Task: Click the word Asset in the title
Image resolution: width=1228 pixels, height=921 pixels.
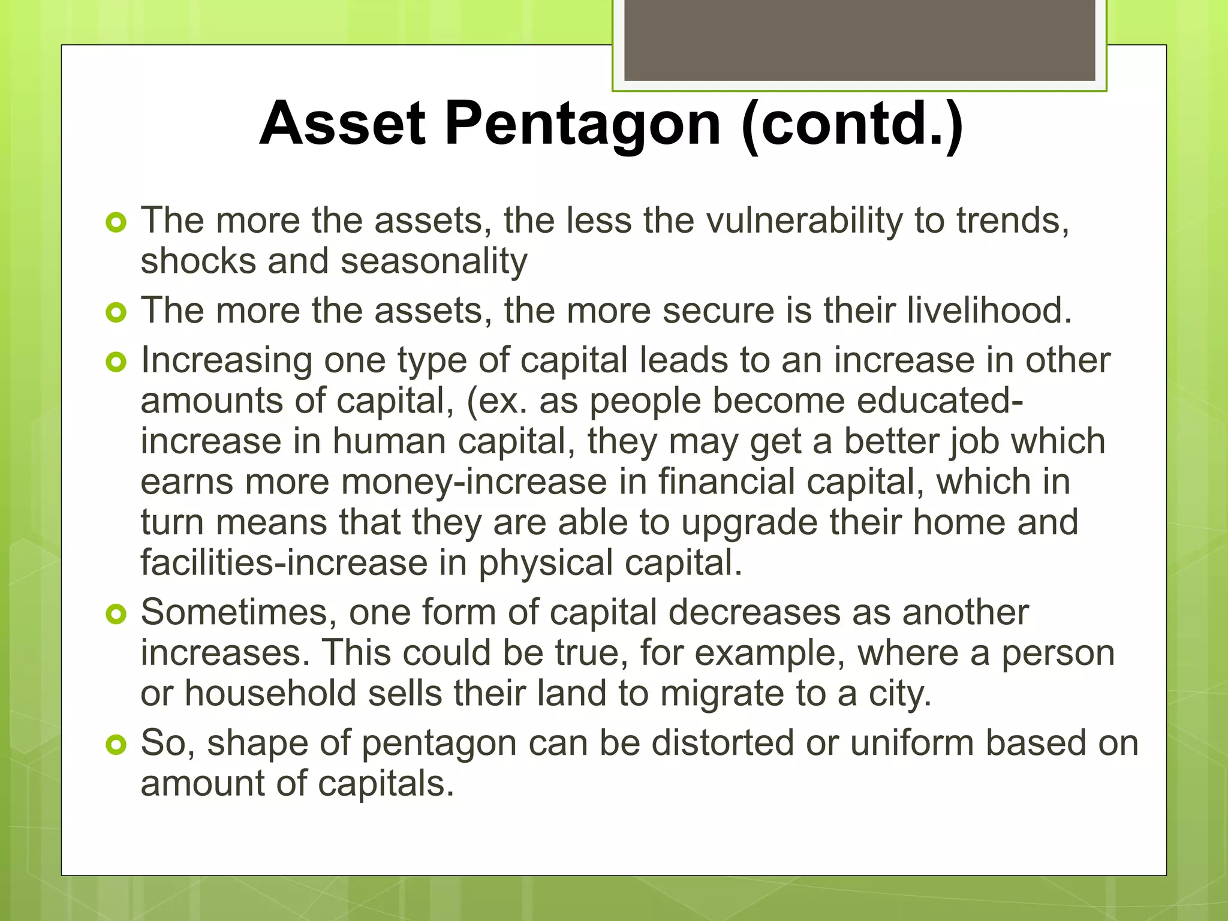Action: (x=342, y=124)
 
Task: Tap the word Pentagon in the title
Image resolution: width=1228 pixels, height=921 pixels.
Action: (x=582, y=124)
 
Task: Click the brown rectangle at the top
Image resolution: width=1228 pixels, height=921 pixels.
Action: (x=859, y=40)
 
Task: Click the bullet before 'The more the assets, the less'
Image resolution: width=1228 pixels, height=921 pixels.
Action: (x=116, y=223)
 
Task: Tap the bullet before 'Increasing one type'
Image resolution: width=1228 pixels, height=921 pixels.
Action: (x=116, y=362)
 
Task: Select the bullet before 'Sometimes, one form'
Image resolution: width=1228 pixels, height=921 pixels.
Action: (x=116, y=614)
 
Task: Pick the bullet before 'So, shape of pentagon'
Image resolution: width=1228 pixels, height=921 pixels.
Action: (x=116, y=745)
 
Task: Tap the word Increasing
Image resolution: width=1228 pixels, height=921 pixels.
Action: (x=227, y=361)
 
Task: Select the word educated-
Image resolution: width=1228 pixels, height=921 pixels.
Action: (x=940, y=401)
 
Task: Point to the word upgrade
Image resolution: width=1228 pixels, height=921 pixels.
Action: (x=749, y=523)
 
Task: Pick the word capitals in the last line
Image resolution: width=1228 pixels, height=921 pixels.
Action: (x=386, y=784)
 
